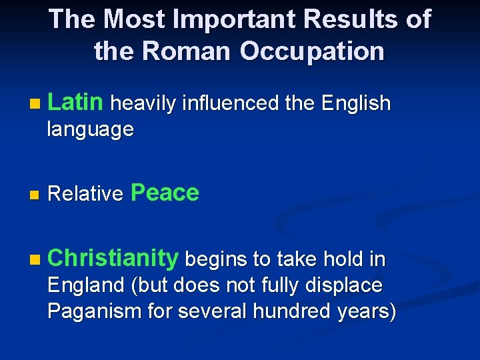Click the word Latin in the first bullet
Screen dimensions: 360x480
pyautogui.click(x=75, y=103)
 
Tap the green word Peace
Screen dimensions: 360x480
pyautogui.click(x=165, y=193)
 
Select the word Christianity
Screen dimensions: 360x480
pyautogui.click(x=113, y=258)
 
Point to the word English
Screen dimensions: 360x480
pyautogui.click(x=355, y=103)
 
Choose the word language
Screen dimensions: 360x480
pyautogui.click(x=90, y=129)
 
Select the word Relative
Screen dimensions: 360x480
pyautogui.click(x=85, y=194)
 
